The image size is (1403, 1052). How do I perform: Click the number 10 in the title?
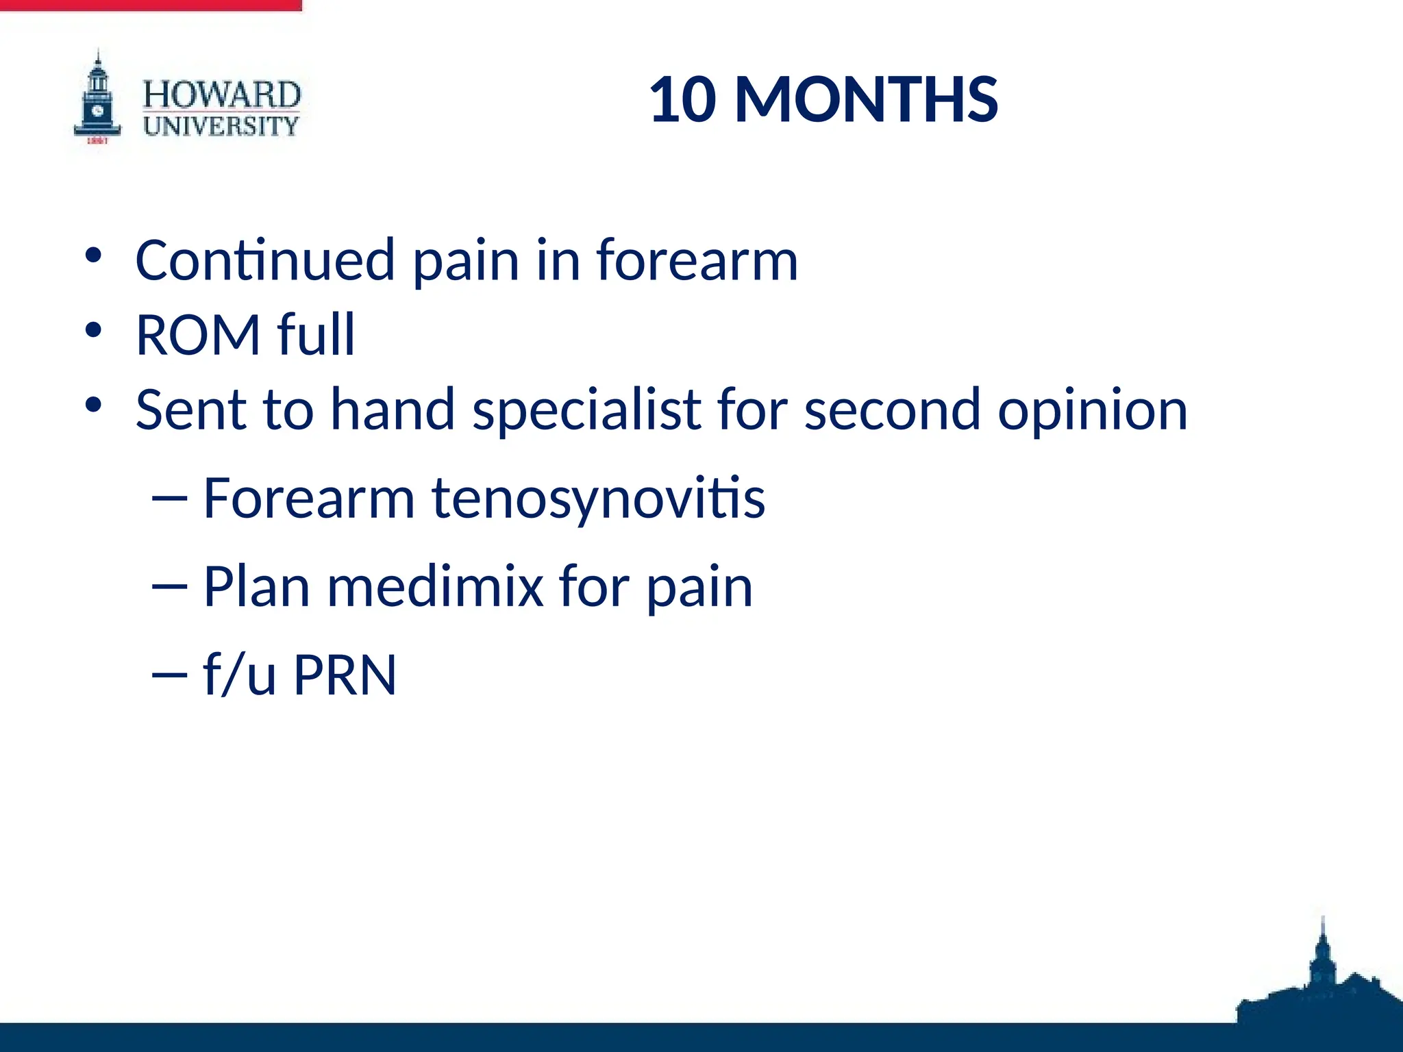(682, 100)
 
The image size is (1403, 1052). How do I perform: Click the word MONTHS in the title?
(866, 100)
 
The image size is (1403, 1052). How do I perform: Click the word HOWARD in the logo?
(221, 95)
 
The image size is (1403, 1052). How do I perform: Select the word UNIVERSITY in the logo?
(221, 126)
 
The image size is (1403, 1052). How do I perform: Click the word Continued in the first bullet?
(265, 260)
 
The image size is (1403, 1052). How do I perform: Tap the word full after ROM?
(316, 335)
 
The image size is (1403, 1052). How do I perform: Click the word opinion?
(1092, 411)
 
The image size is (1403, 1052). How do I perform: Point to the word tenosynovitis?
(597, 498)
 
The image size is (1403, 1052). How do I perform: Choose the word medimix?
(435, 586)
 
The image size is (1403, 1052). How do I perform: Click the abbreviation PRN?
(345, 675)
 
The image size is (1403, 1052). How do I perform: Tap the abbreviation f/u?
(240, 675)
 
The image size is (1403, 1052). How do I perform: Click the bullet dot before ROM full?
(93, 331)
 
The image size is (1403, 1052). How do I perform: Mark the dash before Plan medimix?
(169, 587)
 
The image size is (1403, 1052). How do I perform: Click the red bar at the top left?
(151, 5)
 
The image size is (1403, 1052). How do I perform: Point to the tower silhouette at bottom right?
(1322, 973)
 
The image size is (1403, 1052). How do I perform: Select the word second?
(892, 410)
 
